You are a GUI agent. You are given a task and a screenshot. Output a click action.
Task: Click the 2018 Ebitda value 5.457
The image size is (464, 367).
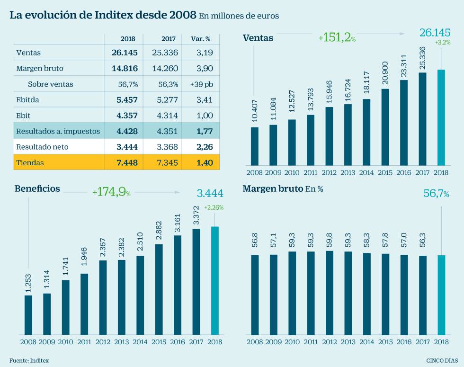tap(125, 100)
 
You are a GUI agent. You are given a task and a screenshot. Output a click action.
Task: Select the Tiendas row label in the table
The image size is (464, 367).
tap(30, 163)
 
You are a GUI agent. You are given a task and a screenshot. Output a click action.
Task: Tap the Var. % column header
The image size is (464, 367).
tap(201, 38)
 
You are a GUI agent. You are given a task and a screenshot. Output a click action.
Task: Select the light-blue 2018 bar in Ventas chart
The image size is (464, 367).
tap(441, 118)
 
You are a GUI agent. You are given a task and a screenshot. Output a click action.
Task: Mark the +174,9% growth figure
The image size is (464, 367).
tap(111, 192)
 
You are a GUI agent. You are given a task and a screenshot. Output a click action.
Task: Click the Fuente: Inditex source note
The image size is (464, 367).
tap(29, 360)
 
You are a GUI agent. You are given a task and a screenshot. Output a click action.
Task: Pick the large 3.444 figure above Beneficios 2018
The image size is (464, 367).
tap(209, 193)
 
